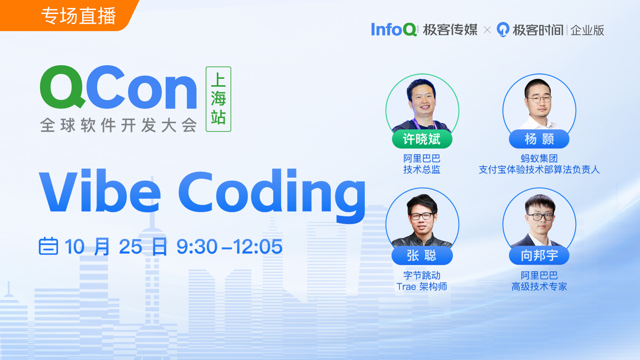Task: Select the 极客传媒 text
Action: [450, 30]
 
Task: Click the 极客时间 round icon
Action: [503, 30]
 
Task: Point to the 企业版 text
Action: [587, 30]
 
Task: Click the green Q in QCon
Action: [63, 87]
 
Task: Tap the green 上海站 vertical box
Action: [218, 99]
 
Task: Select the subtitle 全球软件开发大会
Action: [118, 125]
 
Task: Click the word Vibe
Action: [100, 190]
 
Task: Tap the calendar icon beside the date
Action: [48, 246]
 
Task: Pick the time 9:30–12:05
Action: [230, 246]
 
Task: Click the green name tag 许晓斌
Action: [422, 139]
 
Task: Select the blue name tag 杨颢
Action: [539, 139]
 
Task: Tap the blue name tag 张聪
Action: [422, 256]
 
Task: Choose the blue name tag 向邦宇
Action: [539, 256]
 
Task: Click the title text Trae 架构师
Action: [422, 286]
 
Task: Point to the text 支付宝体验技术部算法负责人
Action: [539, 170]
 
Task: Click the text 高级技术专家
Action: [539, 286]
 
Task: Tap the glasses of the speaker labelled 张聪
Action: [422, 216]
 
